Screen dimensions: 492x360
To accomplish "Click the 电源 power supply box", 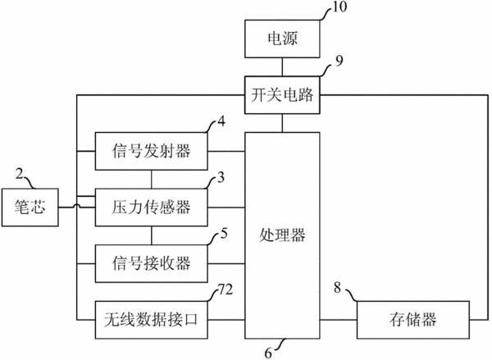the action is (x=282, y=39).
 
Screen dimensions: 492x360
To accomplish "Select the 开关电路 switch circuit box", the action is (x=282, y=94).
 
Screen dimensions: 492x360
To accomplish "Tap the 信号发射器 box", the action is (x=151, y=151).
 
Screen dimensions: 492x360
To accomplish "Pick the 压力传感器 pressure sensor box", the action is (x=151, y=207).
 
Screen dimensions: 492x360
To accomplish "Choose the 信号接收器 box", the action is (x=151, y=263).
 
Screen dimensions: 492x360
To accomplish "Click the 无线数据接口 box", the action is (x=151, y=320).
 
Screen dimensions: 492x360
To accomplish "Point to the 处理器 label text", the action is (x=282, y=235).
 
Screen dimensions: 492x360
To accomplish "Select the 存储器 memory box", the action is (x=413, y=320).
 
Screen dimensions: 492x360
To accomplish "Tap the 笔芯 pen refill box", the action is (x=30, y=207).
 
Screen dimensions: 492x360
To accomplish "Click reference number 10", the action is (x=339, y=7).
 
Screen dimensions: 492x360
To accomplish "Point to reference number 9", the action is (x=339, y=62).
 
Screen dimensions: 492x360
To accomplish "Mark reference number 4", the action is (x=221, y=121).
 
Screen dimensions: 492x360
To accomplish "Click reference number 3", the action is (x=221, y=177).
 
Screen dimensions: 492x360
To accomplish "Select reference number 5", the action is (x=224, y=233).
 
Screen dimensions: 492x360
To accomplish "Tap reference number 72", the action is (x=225, y=289).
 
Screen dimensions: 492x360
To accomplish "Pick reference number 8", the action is (x=337, y=288).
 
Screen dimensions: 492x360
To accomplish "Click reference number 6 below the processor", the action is (x=268, y=353).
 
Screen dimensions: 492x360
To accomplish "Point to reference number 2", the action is (x=20, y=174).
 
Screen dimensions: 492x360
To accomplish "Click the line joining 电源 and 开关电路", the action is (x=282, y=67).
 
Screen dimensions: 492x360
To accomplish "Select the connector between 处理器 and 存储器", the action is (x=338, y=320).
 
